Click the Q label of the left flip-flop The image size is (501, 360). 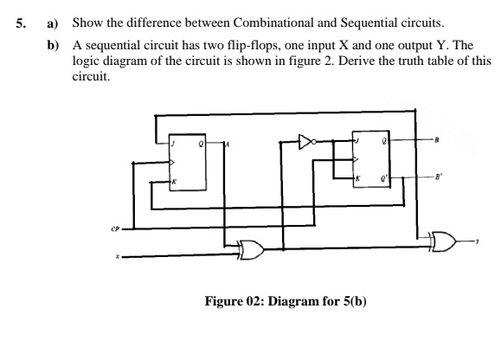(x=200, y=143)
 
